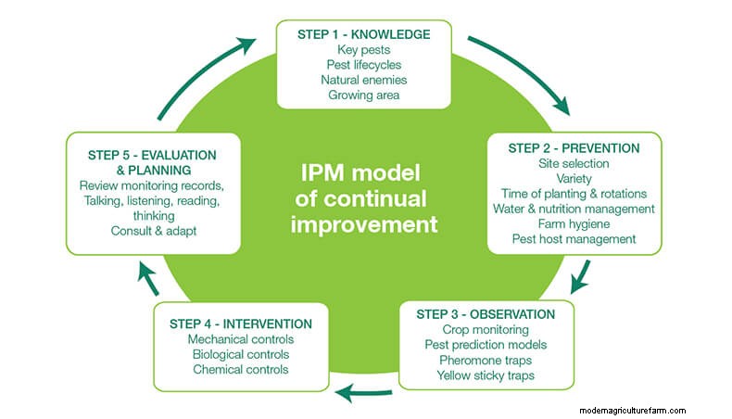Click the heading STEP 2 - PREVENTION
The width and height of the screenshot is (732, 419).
pyautogui.click(x=574, y=148)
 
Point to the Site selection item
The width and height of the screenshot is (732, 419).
pyautogui.click(x=574, y=163)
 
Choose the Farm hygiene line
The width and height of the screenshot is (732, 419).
pyautogui.click(x=574, y=223)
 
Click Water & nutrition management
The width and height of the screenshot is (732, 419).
pyautogui.click(x=574, y=209)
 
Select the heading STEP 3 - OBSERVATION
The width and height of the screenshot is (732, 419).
pyautogui.click(x=486, y=314)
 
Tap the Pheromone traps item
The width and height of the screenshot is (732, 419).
pyautogui.click(x=486, y=360)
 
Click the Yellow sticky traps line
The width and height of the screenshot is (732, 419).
pyautogui.click(x=486, y=375)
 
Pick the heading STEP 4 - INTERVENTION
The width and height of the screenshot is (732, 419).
pyautogui.click(x=241, y=324)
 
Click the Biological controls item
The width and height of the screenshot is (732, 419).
pyautogui.click(x=241, y=354)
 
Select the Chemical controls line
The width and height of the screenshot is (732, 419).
pyautogui.click(x=241, y=369)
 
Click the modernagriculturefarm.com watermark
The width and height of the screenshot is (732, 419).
pyautogui.click(x=631, y=410)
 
